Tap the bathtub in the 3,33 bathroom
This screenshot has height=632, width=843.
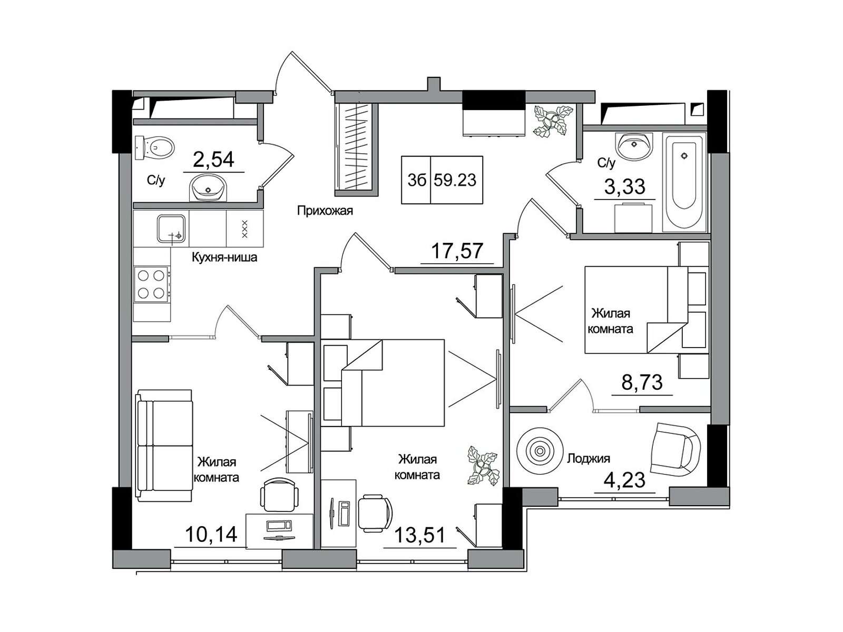tap(684, 182)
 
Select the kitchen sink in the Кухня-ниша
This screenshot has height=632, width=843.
tap(171, 229)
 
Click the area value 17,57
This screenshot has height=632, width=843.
tap(457, 251)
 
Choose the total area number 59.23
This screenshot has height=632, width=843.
tap(455, 180)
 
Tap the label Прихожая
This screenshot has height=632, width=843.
tap(325, 211)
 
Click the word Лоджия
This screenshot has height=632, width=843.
tap(589, 458)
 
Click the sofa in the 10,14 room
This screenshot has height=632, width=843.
tap(164, 446)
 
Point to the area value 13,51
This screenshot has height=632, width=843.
tap(420, 535)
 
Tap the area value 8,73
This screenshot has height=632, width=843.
tap(642, 382)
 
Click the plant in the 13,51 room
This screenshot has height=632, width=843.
tap(483, 466)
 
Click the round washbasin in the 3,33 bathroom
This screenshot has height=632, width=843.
tap(633, 145)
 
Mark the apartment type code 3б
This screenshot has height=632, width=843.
tap(417, 180)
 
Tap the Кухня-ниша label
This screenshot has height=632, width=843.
tap(224, 257)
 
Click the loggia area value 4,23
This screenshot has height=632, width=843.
tap(624, 480)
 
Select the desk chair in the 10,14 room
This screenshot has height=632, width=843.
tap(279, 494)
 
